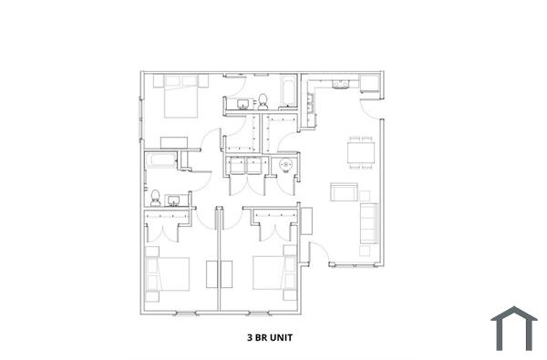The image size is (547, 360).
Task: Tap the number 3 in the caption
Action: [250, 336]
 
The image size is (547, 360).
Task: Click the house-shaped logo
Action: [514, 329]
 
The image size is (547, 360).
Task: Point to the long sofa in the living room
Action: [368, 222]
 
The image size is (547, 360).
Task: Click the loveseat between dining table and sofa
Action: [344, 191]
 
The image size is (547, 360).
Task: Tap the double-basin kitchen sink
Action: [341, 85]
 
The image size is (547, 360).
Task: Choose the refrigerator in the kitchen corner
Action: [370, 84]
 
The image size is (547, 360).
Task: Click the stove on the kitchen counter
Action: [310, 108]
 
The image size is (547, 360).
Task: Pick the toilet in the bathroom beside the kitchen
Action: [262, 99]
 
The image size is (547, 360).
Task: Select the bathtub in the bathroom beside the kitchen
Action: [285, 92]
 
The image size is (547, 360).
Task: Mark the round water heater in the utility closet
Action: [285, 166]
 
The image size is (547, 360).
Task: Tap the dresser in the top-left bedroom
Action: [173, 142]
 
